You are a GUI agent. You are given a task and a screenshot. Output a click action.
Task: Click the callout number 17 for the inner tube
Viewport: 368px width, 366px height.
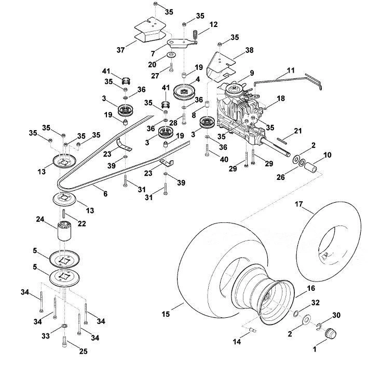pos(299,204)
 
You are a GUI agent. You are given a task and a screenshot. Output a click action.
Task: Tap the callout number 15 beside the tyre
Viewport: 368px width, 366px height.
pos(166,314)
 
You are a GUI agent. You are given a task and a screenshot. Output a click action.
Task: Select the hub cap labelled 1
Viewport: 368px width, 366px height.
pos(331,333)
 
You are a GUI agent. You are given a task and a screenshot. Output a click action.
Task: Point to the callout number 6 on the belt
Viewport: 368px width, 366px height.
pos(105,194)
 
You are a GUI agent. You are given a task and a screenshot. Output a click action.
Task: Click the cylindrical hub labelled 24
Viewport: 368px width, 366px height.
pos(64,231)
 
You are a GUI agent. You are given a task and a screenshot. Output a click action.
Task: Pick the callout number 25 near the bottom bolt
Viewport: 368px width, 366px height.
pos(84,351)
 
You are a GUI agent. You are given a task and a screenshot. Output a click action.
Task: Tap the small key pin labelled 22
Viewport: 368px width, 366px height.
pos(64,214)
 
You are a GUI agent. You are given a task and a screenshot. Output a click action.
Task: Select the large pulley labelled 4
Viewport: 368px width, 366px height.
pos(184,91)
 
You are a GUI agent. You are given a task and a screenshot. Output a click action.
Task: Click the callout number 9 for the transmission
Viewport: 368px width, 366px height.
pos(252,73)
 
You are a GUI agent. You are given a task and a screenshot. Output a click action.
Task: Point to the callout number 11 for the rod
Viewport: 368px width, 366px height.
pos(291,71)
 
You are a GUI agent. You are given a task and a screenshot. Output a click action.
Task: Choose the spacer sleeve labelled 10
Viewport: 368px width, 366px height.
pos(311,168)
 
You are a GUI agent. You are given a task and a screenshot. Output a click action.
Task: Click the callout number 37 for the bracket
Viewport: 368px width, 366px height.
pos(120,50)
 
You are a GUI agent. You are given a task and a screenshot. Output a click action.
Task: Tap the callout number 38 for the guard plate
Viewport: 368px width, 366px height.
pos(250,50)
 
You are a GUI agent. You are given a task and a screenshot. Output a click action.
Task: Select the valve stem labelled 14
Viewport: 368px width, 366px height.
pos(253,330)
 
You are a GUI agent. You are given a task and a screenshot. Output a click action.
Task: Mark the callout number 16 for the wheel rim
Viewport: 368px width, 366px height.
pos(311,288)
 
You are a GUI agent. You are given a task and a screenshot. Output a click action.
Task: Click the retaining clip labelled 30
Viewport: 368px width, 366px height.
pos(318,327)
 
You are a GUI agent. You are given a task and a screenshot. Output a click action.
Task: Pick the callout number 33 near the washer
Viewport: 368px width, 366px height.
pos(46,336)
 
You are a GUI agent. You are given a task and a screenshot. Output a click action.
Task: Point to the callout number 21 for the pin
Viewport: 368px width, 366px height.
pos(298,131)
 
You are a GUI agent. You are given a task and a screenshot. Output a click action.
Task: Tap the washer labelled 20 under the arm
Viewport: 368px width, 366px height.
pos(172,55)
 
